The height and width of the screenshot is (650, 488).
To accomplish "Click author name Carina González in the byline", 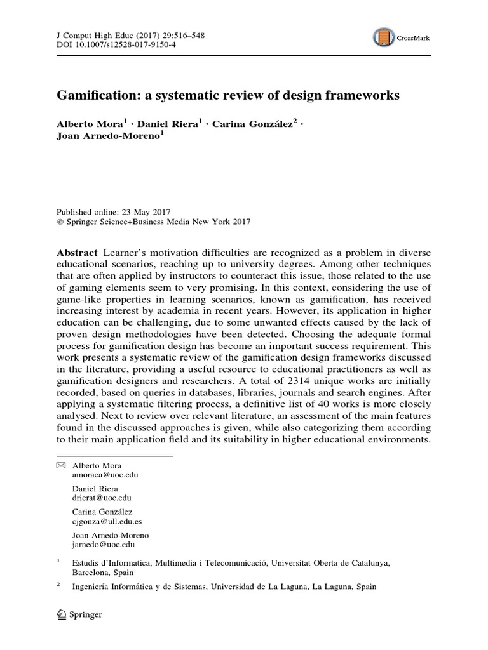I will (253, 124).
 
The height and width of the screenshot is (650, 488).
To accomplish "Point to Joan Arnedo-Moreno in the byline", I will (108, 137).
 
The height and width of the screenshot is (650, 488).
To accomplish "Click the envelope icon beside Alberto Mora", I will (61, 465).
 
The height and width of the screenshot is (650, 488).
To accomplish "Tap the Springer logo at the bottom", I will (79, 614).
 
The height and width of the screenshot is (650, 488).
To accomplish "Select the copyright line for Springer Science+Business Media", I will (154, 222).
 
